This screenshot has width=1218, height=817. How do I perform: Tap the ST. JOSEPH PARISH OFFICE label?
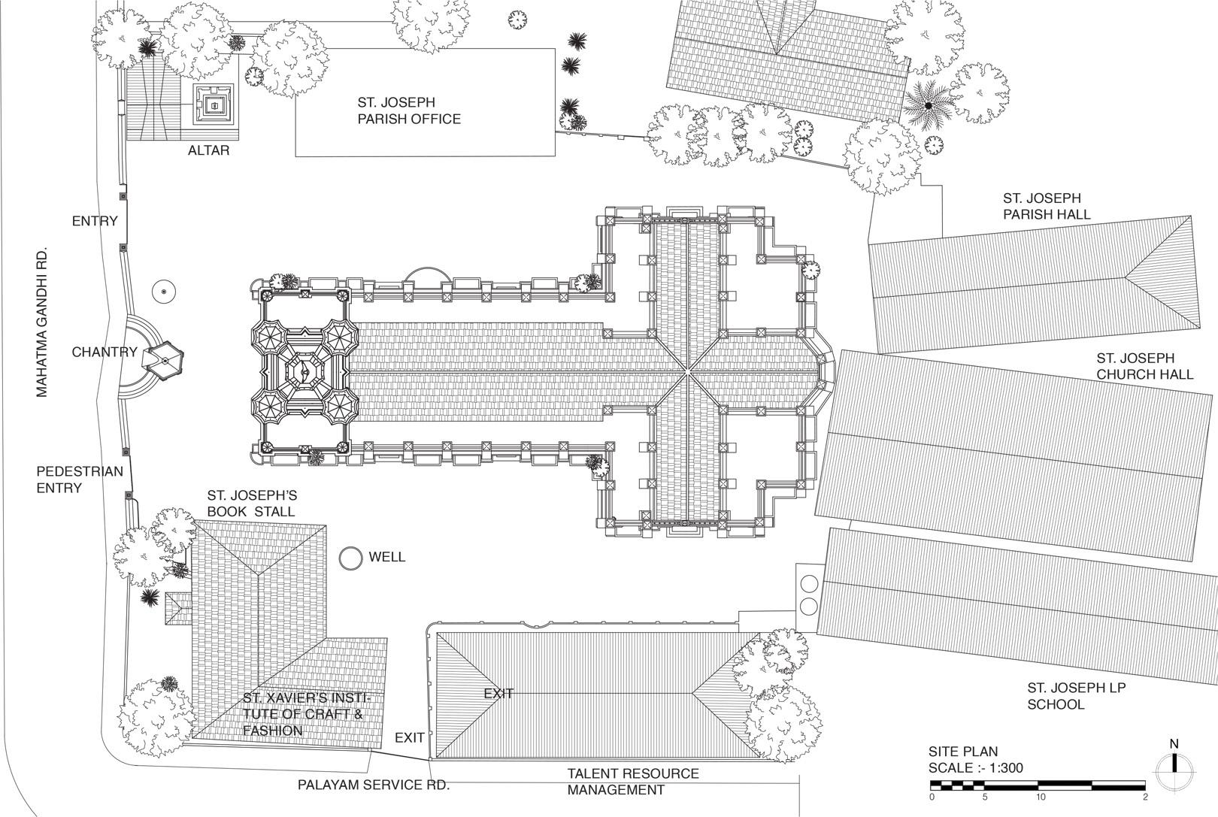coord(409,110)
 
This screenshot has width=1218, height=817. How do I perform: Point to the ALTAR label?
coord(208,151)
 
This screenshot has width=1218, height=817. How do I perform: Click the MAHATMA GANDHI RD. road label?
coord(41,322)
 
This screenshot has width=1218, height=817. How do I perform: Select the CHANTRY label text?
coord(104,352)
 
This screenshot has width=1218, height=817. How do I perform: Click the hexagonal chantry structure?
coord(165,362)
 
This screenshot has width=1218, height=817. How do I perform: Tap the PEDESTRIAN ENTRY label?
coord(79,480)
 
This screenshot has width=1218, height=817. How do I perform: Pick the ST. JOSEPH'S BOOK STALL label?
coord(252,504)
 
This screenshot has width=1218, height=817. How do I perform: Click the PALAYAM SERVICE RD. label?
coord(373,785)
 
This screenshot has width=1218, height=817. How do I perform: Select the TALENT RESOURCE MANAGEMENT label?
coord(632,782)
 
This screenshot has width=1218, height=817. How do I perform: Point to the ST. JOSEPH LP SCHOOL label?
coord(1075,696)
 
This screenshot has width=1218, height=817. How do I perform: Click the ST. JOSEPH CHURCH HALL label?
coord(1144,366)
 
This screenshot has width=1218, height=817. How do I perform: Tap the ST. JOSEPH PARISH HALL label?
coord(1046,206)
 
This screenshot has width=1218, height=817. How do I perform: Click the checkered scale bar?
coord(1038,785)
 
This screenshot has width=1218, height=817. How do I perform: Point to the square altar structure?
coord(215,105)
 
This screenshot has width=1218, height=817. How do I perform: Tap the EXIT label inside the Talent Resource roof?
coord(498,693)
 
